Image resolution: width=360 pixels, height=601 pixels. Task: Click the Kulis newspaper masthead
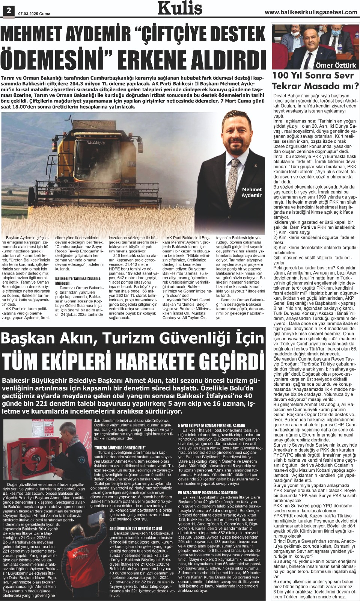click(180, 8)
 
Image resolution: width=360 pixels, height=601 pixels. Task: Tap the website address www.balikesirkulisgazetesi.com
click(311, 12)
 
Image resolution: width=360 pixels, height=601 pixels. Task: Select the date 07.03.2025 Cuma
click(34, 14)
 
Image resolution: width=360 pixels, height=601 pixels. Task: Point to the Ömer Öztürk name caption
click(336, 65)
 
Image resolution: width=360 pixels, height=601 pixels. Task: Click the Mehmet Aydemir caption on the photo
click(252, 192)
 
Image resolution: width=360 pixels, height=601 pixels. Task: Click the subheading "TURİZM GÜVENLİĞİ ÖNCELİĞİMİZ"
click(120, 448)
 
